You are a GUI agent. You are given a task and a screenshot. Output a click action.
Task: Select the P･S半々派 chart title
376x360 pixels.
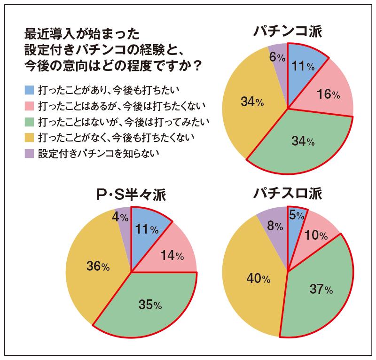click(131, 196)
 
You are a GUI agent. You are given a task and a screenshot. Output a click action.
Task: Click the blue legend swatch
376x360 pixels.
click(29, 88)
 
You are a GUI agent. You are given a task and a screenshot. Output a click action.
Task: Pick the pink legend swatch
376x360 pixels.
click(29, 104)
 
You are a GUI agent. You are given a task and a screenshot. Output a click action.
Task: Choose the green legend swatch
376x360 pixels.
click(29, 121)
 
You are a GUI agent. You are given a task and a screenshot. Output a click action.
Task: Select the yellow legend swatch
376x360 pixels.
click(29, 137)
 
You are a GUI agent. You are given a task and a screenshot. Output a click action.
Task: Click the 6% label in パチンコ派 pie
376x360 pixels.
click(277, 57)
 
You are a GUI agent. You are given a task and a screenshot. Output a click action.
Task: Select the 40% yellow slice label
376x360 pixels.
click(258, 279)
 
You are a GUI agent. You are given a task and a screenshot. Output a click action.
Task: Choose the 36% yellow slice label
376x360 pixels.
click(98, 266)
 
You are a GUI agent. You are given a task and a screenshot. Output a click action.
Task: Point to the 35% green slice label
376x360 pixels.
click(150, 305)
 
